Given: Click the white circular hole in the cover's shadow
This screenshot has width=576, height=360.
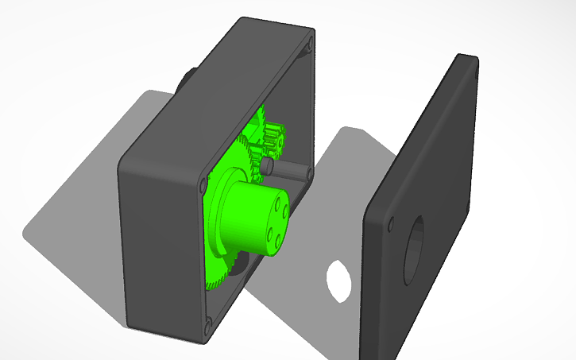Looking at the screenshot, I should tap(339, 279).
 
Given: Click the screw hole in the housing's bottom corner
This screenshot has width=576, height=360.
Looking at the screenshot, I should tap(208, 324).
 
